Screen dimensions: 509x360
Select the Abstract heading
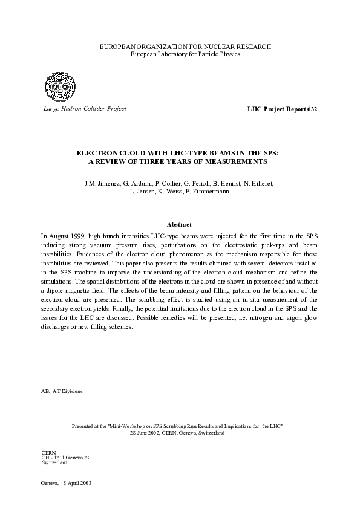(x=180, y=223)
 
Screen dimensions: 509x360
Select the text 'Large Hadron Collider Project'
(x=83, y=109)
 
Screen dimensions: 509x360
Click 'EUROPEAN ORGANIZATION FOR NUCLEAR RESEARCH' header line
(x=180, y=47)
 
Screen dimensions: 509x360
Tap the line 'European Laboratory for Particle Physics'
(x=180, y=54)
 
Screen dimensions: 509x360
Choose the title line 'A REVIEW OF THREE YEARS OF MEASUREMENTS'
(x=180, y=162)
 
